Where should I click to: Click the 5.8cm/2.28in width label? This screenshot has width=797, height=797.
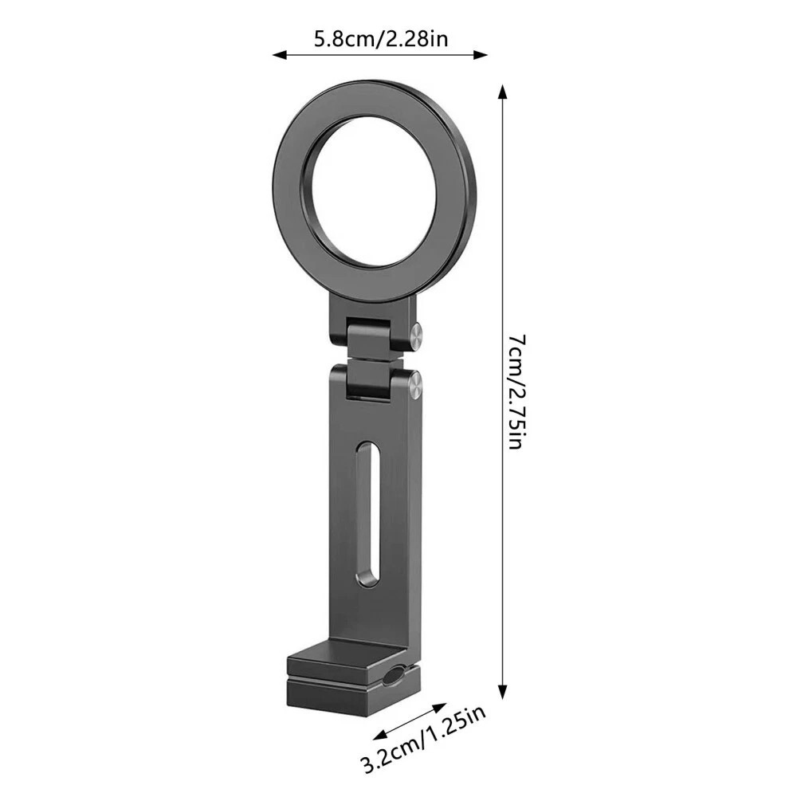click(381, 38)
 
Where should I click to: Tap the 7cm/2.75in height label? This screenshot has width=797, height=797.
click(516, 391)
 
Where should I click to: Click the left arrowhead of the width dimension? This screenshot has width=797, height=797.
click(280, 55)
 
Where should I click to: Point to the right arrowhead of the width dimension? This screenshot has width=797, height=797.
click(481, 55)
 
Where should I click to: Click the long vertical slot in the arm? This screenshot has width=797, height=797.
click(369, 515)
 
